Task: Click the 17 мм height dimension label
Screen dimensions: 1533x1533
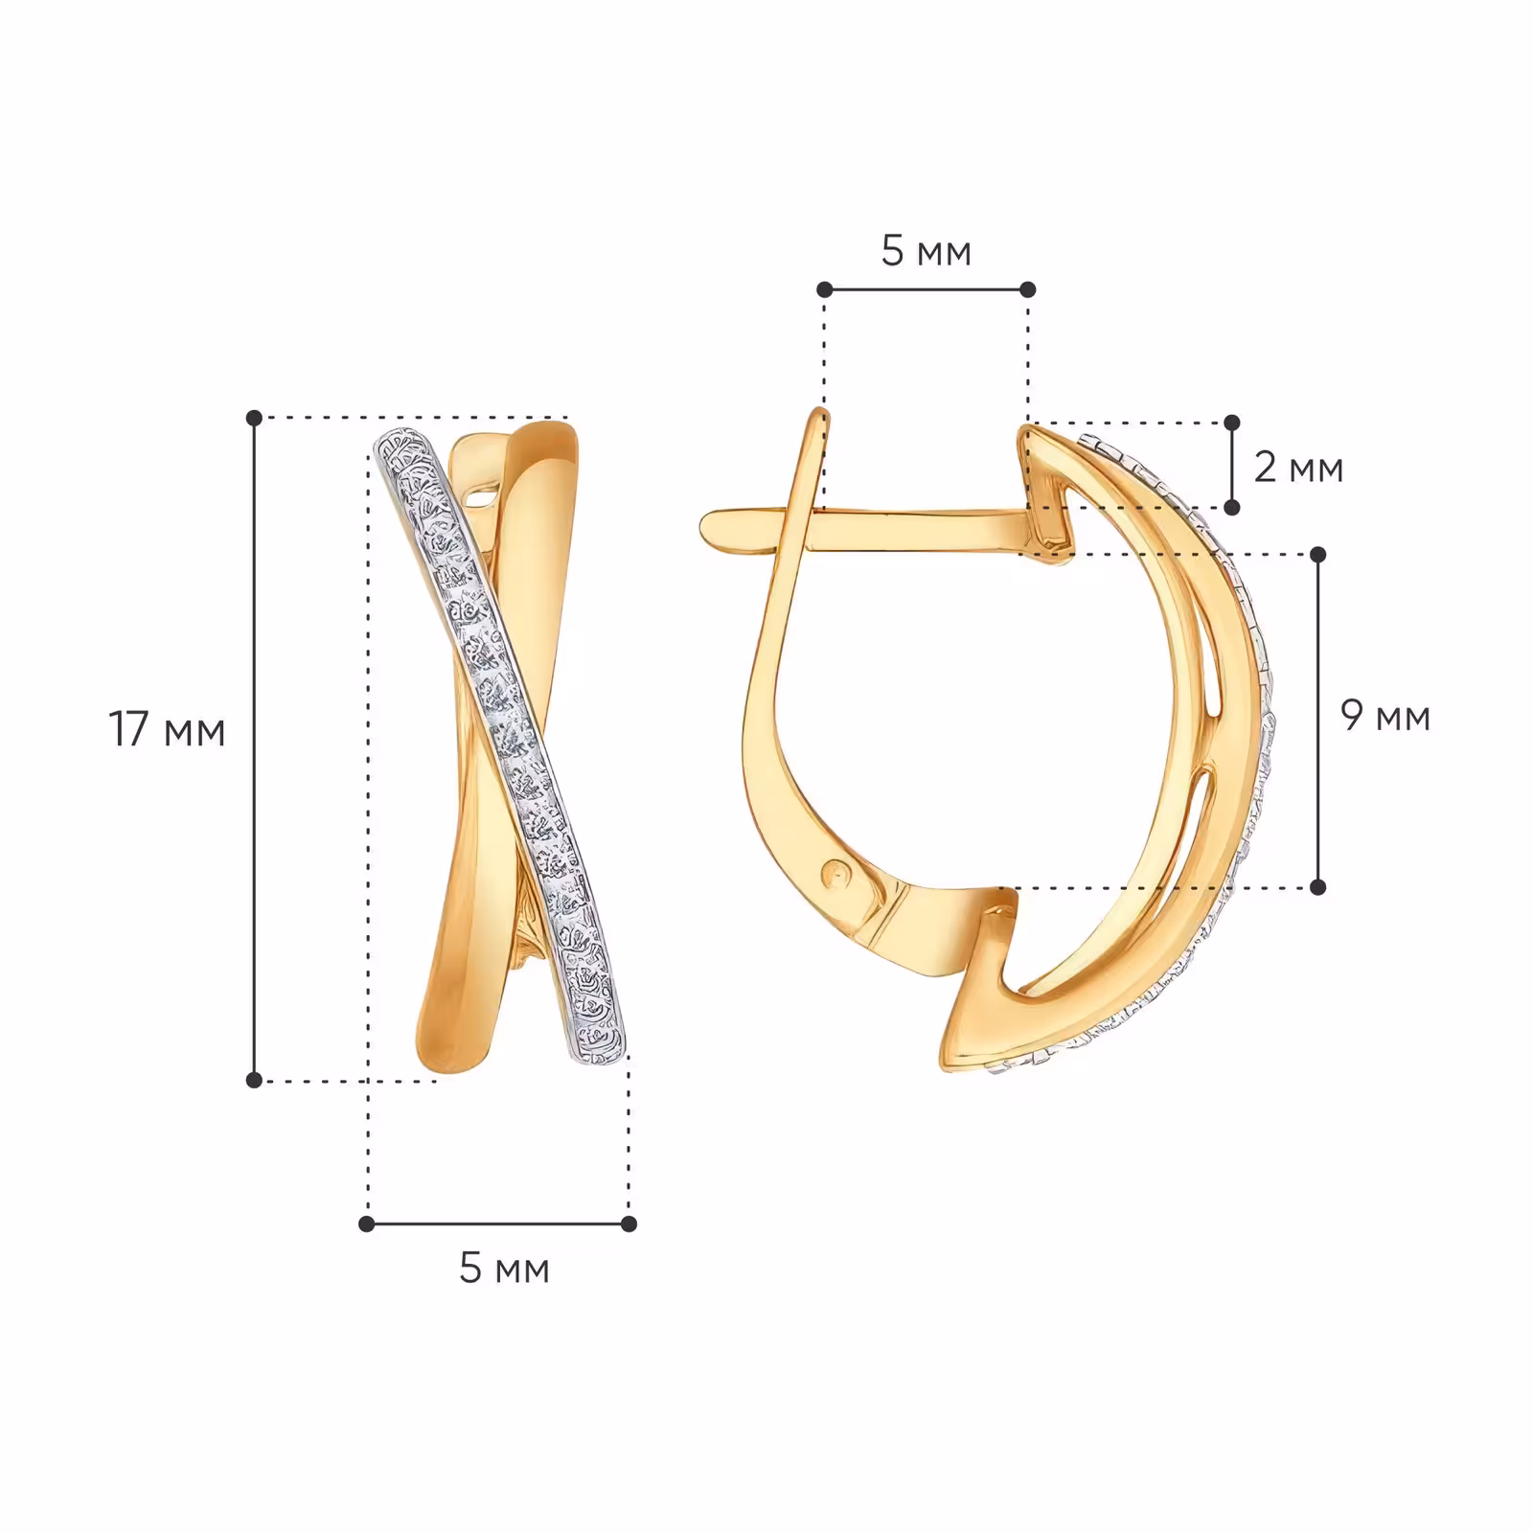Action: click(168, 730)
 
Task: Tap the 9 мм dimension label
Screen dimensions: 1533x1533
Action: click(1385, 716)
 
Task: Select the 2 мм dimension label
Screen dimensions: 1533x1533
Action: click(1298, 468)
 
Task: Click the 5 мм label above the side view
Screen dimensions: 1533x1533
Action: click(926, 251)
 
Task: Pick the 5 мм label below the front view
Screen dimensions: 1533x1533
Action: click(504, 1269)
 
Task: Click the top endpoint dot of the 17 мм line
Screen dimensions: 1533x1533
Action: click(254, 418)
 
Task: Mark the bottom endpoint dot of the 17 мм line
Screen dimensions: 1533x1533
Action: click(254, 1080)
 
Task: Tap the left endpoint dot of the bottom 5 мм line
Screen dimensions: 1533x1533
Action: click(367, 1224)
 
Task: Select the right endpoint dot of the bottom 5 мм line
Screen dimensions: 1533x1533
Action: click(629, 1224)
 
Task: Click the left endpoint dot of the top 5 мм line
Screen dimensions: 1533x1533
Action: click(824, 289)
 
